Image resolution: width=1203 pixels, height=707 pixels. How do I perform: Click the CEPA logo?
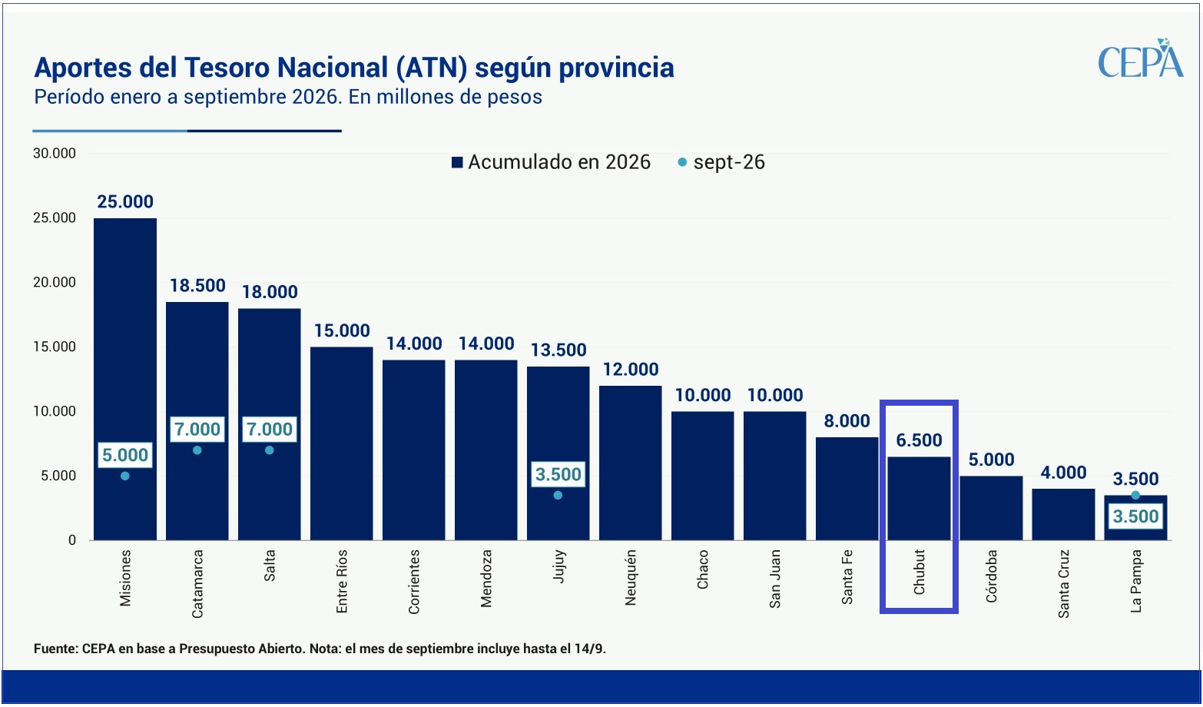(x=1140, y=58)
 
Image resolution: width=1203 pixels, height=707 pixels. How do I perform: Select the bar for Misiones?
(x=125, y=379)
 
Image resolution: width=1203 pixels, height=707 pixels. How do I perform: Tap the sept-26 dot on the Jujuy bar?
(x=558, y=495)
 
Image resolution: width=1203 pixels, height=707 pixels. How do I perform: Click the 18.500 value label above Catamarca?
(x=197, y=285)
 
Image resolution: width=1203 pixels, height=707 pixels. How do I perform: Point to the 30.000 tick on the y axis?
(x=55, y=153)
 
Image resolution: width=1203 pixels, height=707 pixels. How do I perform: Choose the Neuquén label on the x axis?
(x=631, y=578)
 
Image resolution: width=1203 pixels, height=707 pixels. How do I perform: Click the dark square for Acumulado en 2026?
(x=457, y=162)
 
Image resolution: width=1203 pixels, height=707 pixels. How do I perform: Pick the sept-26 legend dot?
(x=682, y=162)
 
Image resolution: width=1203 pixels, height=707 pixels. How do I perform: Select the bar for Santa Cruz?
(x=1063, y=514)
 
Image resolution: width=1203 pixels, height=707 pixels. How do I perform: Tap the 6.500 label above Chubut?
(x=919, y=440)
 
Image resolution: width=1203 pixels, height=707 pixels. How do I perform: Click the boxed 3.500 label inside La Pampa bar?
(x=1135, y=516)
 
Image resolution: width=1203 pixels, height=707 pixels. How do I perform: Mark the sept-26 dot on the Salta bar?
(x=270, y=450)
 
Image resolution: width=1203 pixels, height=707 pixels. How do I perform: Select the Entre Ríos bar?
(x=342, y=443)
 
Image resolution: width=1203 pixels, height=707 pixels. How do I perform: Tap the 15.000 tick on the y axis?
(x=55, y=347)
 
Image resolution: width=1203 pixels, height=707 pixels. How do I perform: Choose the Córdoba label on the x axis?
(x=992, y=576)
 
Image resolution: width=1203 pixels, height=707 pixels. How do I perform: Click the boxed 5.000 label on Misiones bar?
(x=125, y=455)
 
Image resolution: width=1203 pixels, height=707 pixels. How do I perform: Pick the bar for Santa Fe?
(x=847, y=488)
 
